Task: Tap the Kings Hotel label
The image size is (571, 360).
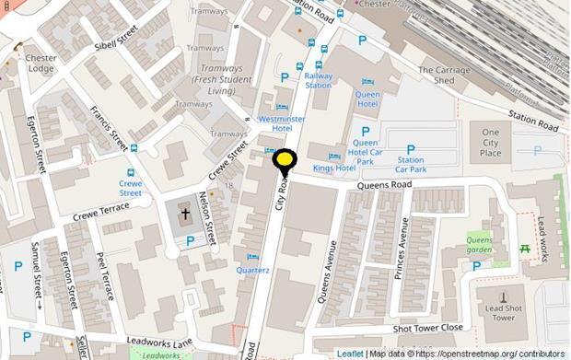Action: coord(333,168)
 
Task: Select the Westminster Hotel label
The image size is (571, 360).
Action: coord(281,124)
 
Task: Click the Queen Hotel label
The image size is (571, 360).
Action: coord(367,99)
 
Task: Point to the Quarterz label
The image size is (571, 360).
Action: coord(252,270)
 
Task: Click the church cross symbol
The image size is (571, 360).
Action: coord(185,214)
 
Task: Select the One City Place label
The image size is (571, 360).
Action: coord(491,143)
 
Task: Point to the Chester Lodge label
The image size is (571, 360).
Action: coord(41,64)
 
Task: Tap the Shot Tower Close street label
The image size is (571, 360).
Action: coord(427,328)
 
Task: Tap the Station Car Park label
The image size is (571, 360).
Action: coord(411,165)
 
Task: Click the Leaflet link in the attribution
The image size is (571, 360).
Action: coord(349,354)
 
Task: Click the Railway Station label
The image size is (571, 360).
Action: coord(319,80)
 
